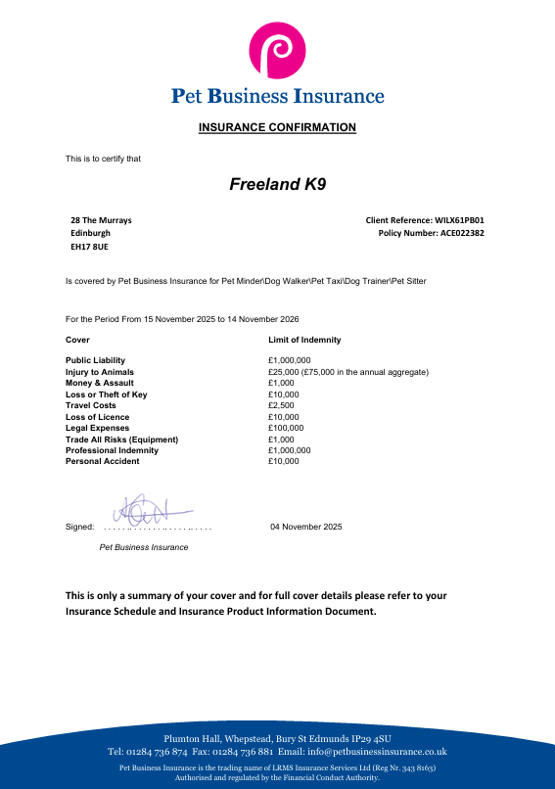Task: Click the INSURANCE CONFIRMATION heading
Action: point(277,128)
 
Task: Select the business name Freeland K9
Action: point(277,184)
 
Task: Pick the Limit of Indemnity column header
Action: point(304,340)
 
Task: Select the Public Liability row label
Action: point(95,361)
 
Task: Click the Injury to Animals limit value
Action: point(348,372)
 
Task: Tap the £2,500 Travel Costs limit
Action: point(281,405)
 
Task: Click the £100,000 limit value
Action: point(286,428)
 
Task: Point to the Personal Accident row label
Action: point(102,461)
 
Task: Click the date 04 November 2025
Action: point(306,527)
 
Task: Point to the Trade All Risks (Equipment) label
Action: point(121,440)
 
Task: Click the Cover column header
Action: point(77,340)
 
